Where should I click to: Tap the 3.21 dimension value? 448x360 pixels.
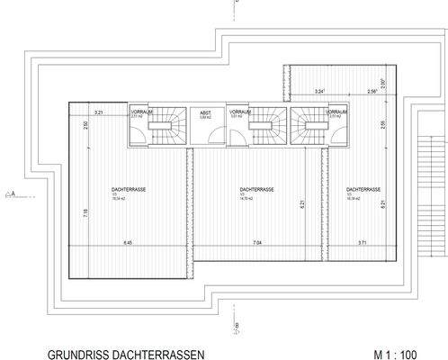pos(101,112)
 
